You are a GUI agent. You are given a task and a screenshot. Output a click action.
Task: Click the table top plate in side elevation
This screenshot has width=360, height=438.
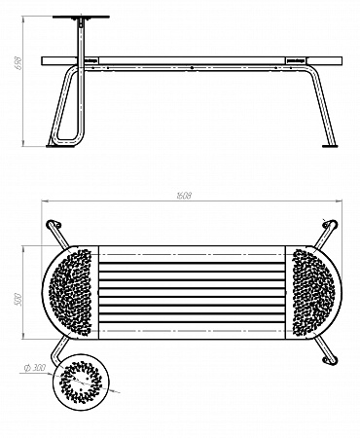[80, 17]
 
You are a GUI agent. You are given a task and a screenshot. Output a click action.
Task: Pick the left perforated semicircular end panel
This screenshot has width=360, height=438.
[69, 290]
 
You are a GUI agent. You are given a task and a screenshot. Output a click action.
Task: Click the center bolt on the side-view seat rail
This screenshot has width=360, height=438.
[193, 67]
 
